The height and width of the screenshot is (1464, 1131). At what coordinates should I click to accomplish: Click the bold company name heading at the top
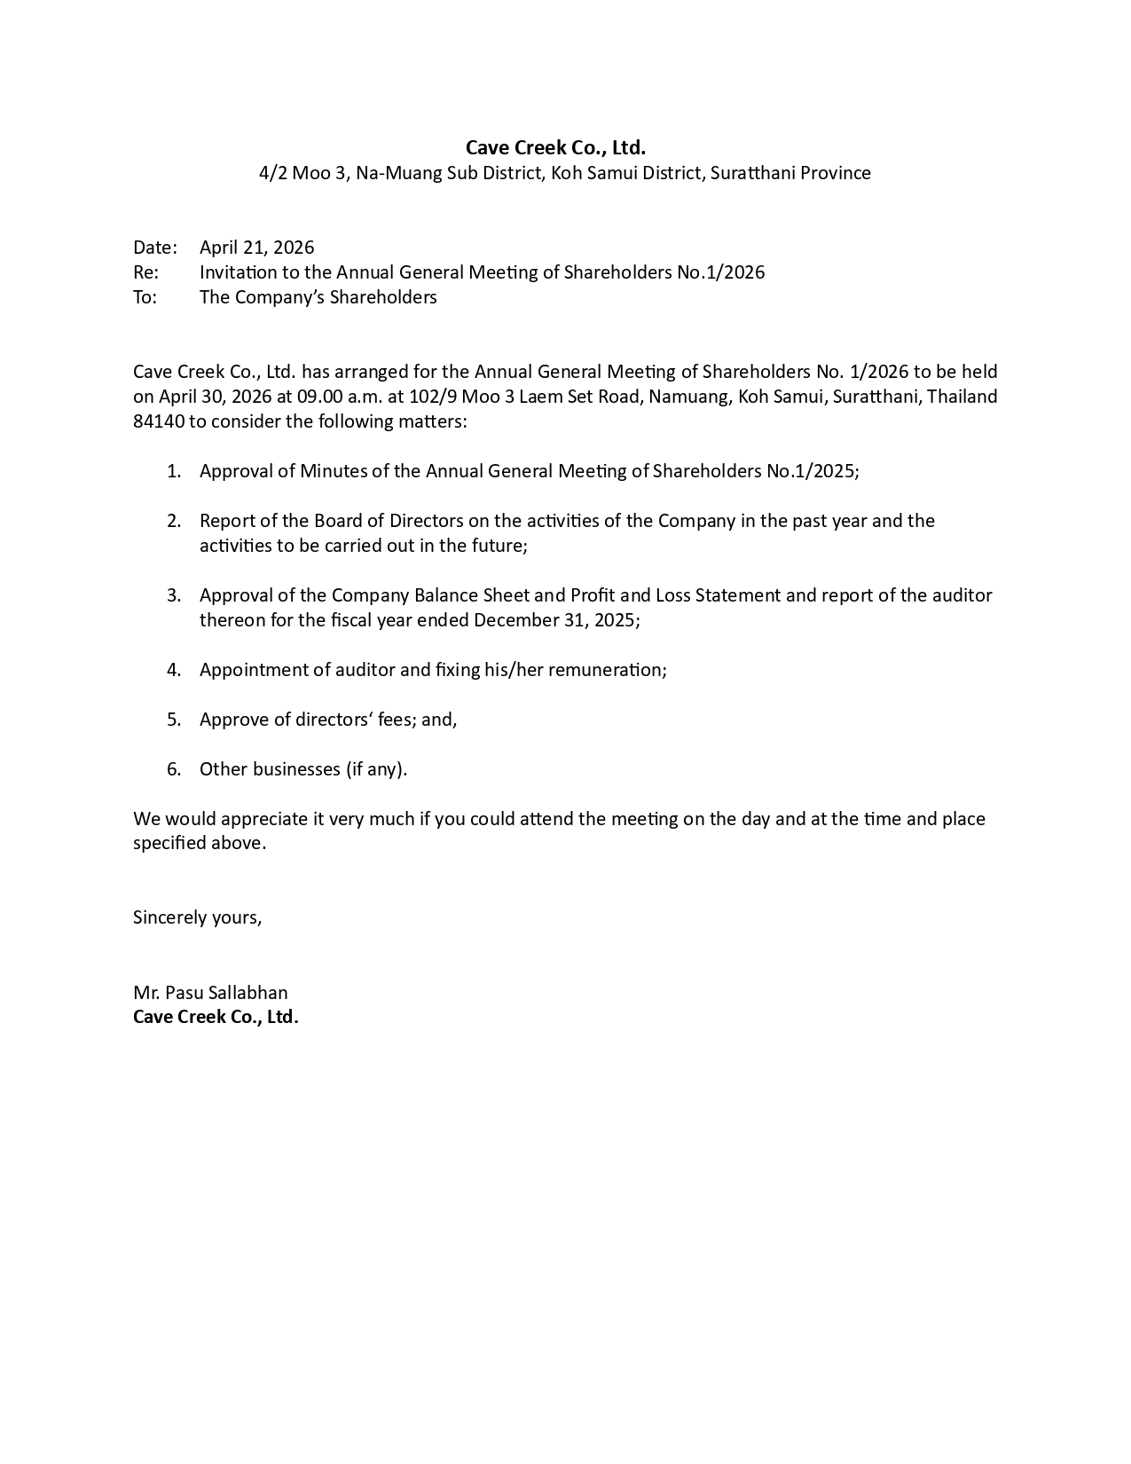(x=555, y=147)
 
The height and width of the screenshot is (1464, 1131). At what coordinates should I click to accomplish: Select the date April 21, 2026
(x=256, y=248)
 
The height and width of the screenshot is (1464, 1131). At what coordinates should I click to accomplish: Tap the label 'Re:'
(x=145, y=272)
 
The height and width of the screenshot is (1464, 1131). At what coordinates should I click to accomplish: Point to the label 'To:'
(x=145, y=297)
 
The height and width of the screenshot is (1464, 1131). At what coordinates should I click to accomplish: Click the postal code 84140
(x=158, y=421)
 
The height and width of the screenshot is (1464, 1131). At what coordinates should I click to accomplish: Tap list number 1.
(x=174, y=471)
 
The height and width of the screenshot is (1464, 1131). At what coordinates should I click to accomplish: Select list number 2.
(x=174, y=521)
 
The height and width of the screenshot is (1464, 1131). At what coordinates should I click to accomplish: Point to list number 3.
(x=174, y=595)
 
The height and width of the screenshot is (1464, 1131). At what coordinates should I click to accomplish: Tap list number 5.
(x=174, y=720)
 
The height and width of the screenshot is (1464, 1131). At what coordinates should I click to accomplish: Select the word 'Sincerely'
(x=169, y=917)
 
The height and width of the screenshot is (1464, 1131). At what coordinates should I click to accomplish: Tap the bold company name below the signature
(x=216, y=1017)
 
